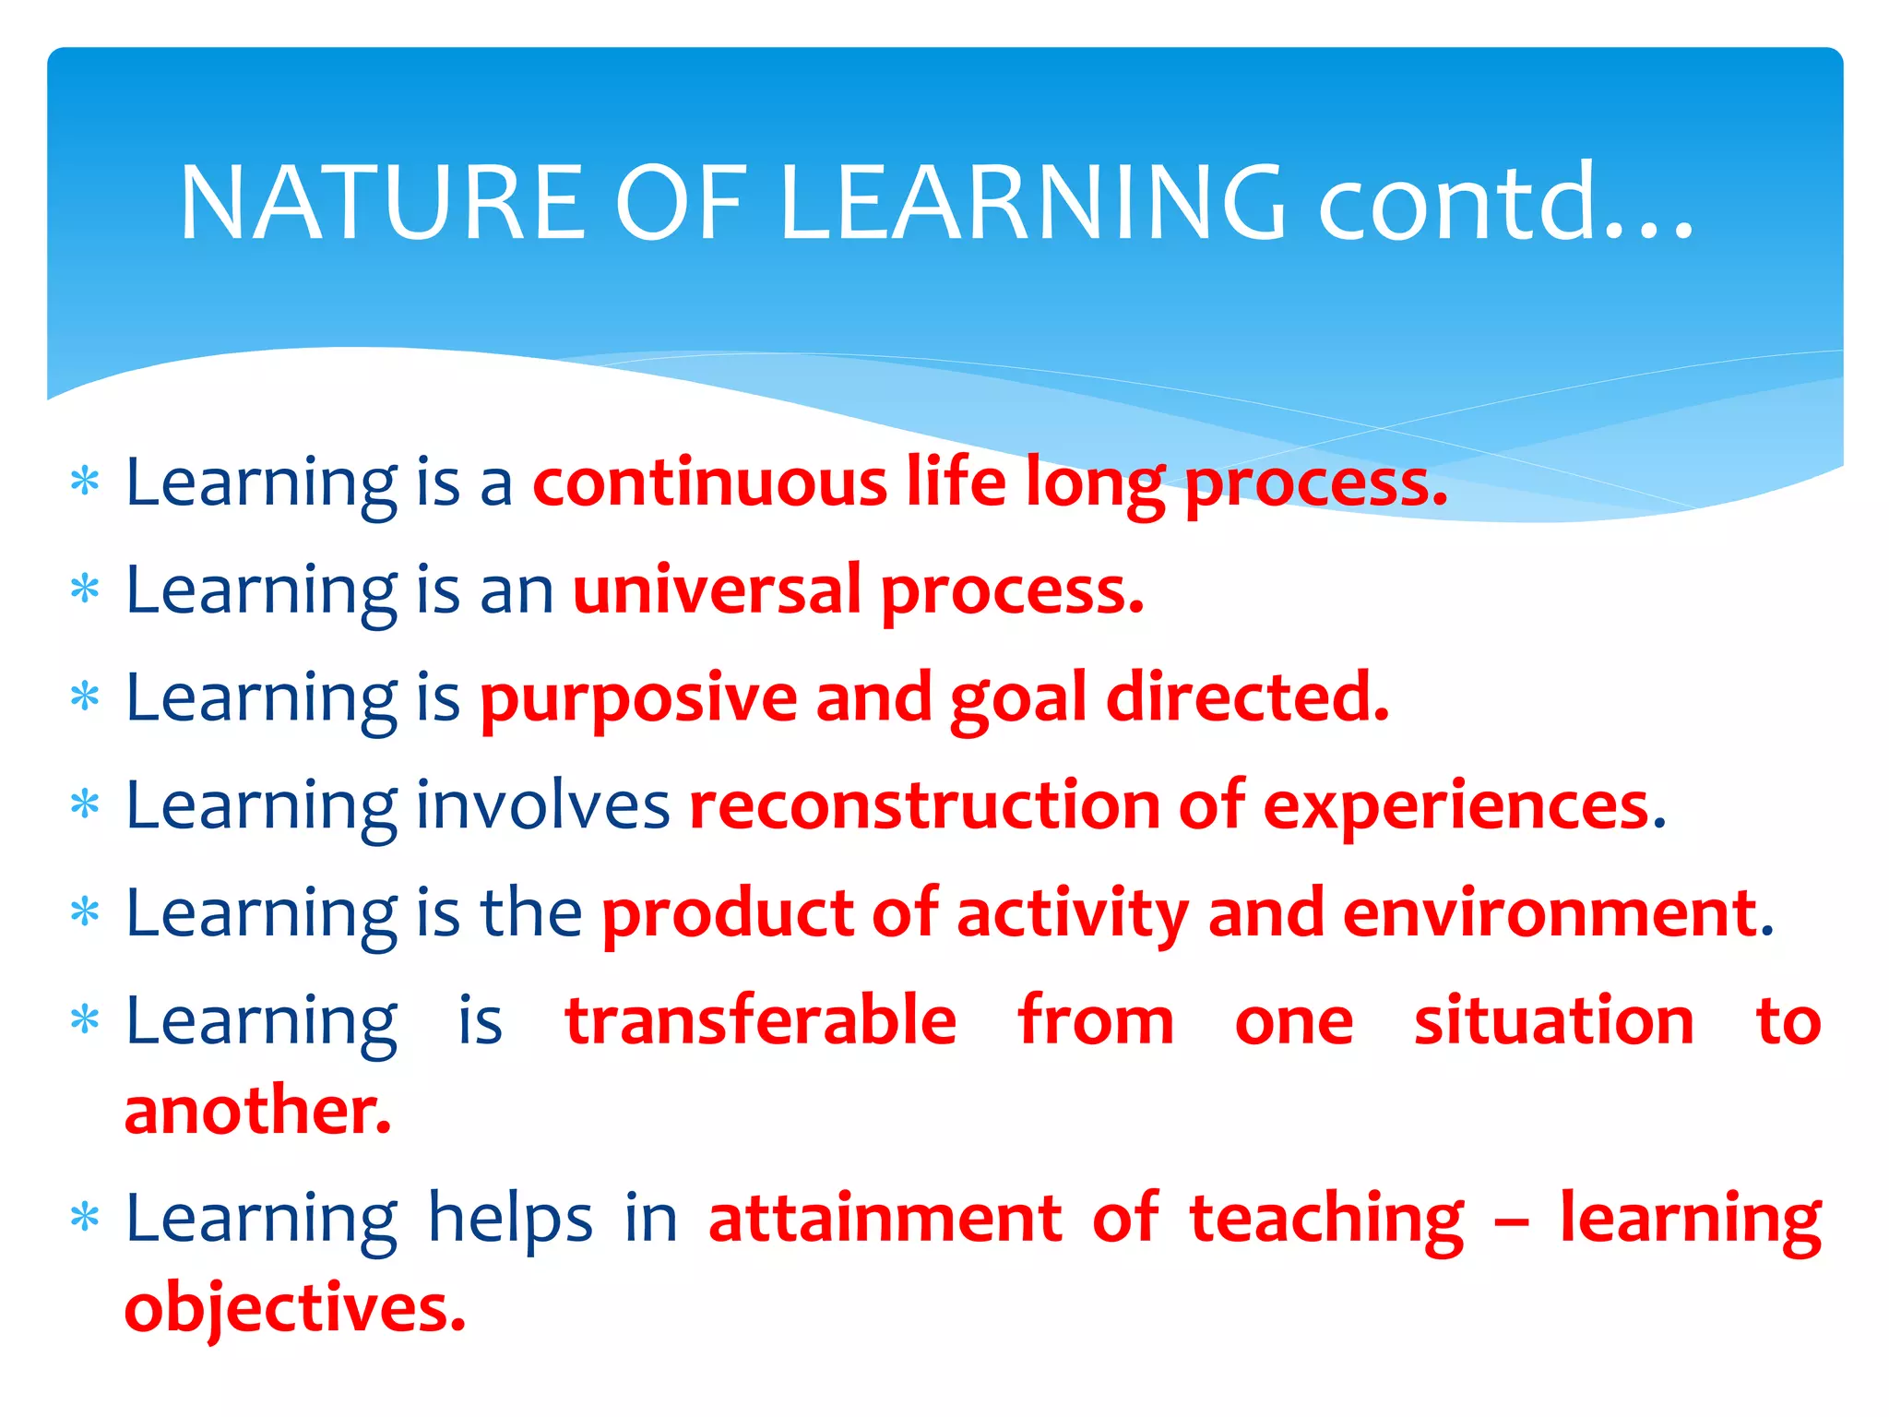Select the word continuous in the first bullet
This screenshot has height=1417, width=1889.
[x=709, y=482]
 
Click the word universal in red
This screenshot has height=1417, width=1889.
[x=717, y=590]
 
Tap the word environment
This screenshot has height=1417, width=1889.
[x=1550, y=913]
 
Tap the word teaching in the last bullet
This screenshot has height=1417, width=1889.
[x=1325, y=1220]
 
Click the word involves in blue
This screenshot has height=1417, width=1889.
[x=543, y=806]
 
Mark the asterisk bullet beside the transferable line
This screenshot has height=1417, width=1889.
[x=85, y=1019]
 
